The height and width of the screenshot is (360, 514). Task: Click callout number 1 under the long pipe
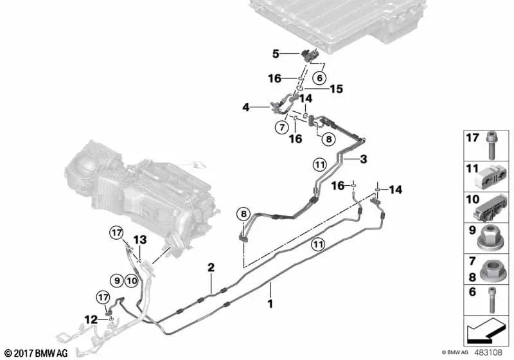pyautogui.click(x=270, y=302)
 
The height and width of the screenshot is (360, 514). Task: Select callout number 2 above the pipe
pyautogui.click(x=210, y=267)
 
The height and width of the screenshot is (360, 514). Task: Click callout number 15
pyautogui.click(x=337, y=89)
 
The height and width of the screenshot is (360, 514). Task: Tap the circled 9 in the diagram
pyautogui.click(x=116, y=280)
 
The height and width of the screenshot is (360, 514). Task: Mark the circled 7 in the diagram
pyautogui.click(x=281, y=127)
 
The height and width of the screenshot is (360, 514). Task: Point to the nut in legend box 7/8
pyautogui.click(x=492, y=269)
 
